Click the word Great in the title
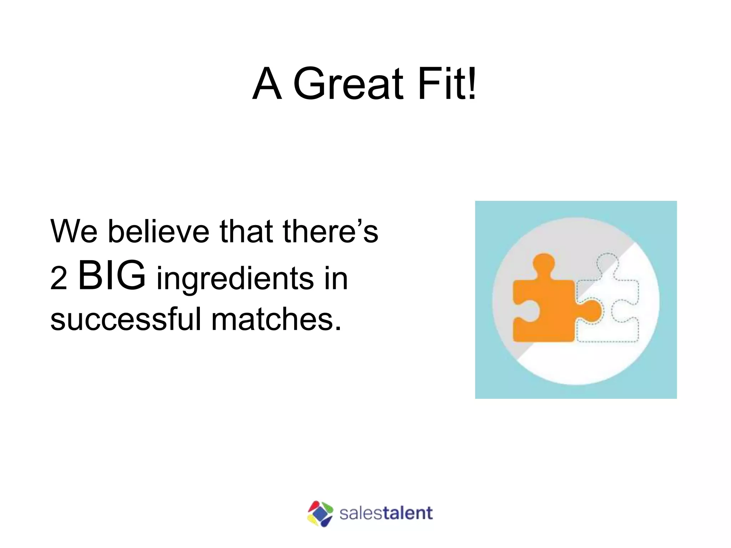[x=348, y=84]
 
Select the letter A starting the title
[x=267, y=84]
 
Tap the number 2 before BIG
[x=59, y=279]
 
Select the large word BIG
[x=112, y=275]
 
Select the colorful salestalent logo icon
[x=320, y=514]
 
